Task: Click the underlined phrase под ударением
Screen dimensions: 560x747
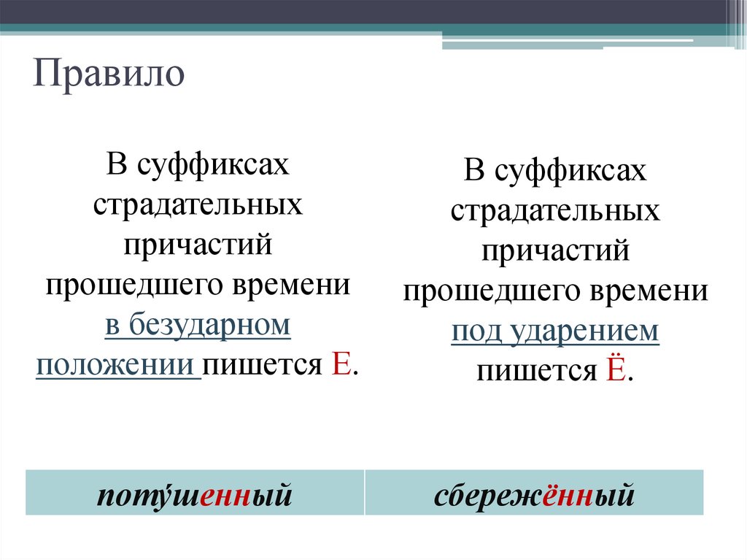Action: point(555,332)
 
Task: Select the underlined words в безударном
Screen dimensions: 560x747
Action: point(198,325)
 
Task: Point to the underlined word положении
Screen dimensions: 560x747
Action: point(118,364)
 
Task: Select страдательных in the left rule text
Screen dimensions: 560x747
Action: point(198,204)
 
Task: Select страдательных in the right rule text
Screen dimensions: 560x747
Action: point(555,212)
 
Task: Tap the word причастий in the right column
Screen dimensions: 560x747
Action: point(555,252)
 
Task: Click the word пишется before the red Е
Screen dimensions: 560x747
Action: point(262,364)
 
